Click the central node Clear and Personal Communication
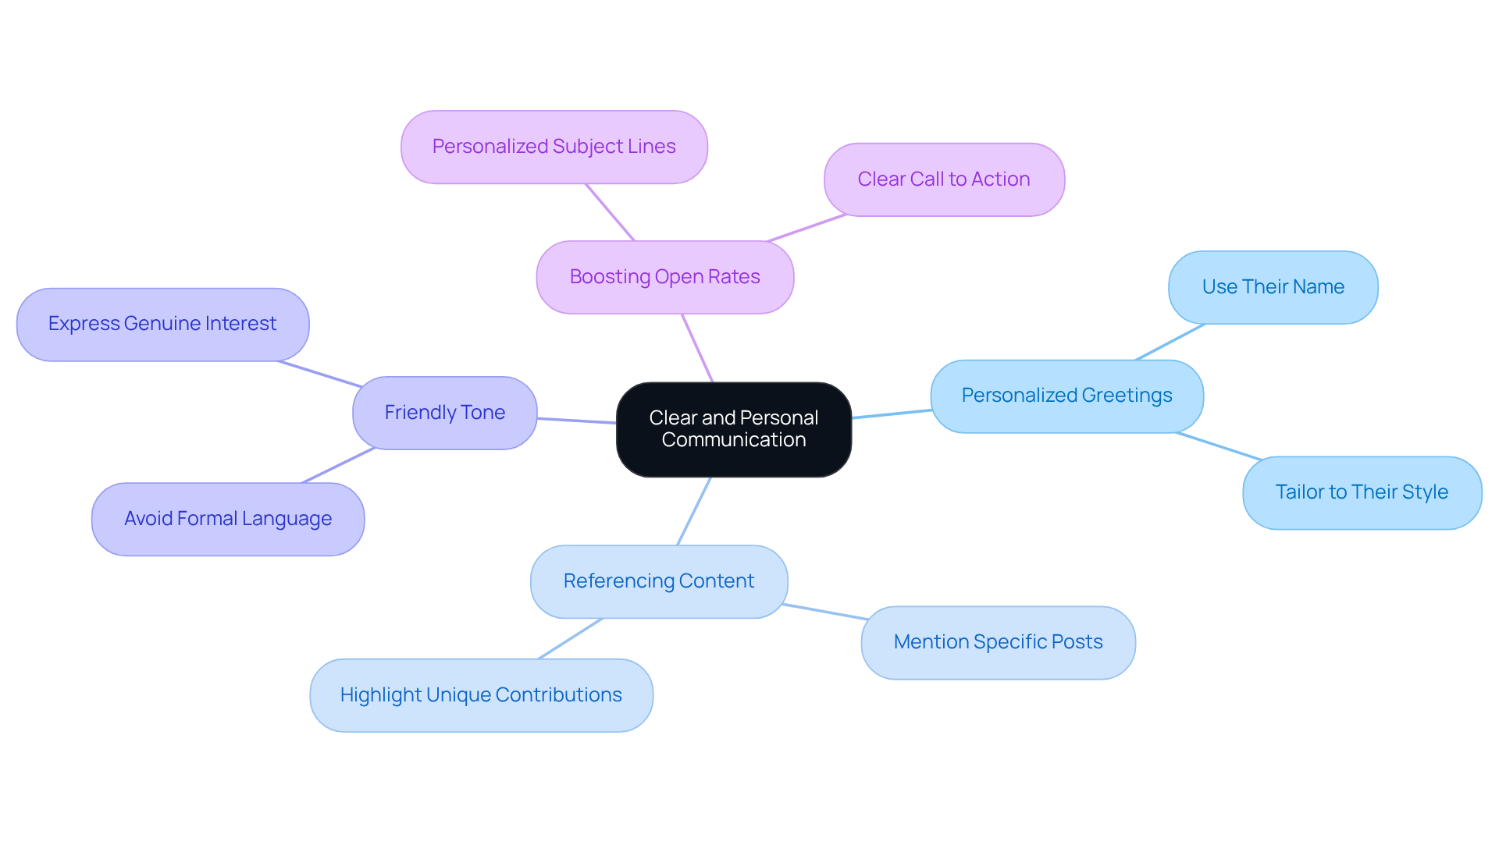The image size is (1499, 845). pos(733,428)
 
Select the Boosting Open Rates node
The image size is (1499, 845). pos(664,277)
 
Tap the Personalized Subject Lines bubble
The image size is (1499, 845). pos(554,147)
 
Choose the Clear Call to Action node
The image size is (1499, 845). pos(943,179)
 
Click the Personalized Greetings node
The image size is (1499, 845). pos(1066,396)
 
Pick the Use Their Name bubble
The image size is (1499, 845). pos(1273,287)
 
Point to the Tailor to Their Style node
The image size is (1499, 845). pos(1362,492)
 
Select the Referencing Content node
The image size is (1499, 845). pos(658,581)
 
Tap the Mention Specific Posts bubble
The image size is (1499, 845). pos(998,642)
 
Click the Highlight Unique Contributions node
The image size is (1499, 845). pos(481,695)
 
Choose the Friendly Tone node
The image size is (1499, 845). pos(444,413)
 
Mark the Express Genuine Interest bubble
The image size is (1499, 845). pos(162,324)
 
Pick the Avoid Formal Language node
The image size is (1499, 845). pos(228,519)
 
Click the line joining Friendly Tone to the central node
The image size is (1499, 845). pos(576,421)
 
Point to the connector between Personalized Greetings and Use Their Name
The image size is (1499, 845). pos(1170,342)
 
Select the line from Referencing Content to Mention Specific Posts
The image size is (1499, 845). pos(824,612)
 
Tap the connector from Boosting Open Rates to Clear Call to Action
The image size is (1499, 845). pos(806,228)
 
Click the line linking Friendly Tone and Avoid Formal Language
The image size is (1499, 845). pos(339,465)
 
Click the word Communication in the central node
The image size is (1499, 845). pos(733,440)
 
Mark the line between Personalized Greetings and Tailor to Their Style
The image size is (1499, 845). pos(1218,446)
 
